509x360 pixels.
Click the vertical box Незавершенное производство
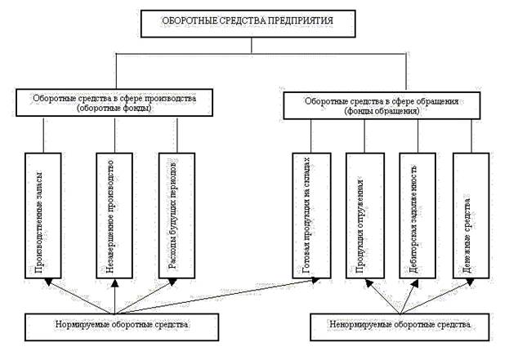[x=115, y=214]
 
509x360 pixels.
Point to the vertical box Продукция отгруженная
[x=368, y=214]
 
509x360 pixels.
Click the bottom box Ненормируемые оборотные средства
[x=404, y=325]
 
